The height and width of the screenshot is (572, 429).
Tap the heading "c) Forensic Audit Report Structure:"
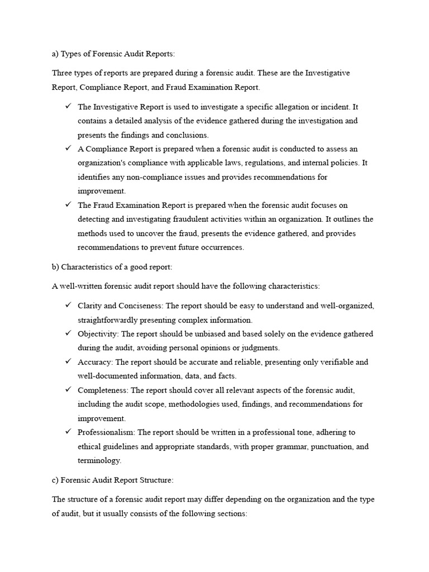[113, 480]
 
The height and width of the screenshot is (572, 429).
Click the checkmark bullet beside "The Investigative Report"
[68, 106]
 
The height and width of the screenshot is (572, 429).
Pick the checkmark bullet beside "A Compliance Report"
[68, 148]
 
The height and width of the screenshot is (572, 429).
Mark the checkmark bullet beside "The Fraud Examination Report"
[68, 204]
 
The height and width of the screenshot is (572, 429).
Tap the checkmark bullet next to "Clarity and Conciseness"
[68, 305]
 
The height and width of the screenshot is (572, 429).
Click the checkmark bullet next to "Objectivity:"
[68, 333]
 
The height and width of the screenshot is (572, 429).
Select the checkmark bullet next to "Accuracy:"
[68, 361]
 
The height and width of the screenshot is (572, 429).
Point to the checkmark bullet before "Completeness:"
[68, 389]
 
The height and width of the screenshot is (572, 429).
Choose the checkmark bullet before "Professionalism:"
[68, 431]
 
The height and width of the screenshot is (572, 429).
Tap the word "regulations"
[258, 163]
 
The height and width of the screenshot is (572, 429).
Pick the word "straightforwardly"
[110, 320]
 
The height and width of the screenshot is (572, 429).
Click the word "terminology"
[99, 461]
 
